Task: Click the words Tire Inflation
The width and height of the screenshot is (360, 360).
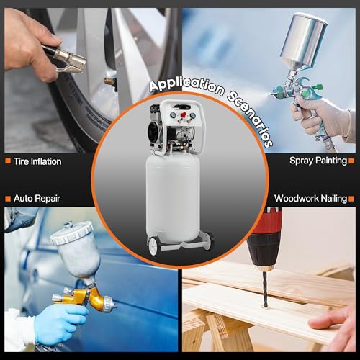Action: tap(37, 161)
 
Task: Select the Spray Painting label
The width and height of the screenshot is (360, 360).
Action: tap(318, 161)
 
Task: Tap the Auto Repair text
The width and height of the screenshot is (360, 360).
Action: tap(37, 199)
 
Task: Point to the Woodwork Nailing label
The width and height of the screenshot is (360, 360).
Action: tap(311, 199)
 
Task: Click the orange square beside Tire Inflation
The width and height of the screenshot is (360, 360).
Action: tap(8, 161)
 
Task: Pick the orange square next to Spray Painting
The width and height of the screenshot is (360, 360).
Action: tap(351, 161)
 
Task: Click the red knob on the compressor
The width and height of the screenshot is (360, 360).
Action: tap(184, 115)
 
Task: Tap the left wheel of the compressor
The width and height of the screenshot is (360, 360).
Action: tap(153, 246)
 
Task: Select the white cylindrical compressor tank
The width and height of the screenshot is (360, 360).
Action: tap(173, 198)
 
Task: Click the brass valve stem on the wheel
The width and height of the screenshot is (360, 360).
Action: tap(110, 81)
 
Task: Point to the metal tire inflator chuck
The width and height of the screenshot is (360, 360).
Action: tap(70, 60)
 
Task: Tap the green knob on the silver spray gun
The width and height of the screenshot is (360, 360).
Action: tap(319, 86)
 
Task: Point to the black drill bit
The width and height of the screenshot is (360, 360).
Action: tap(265, 289)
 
